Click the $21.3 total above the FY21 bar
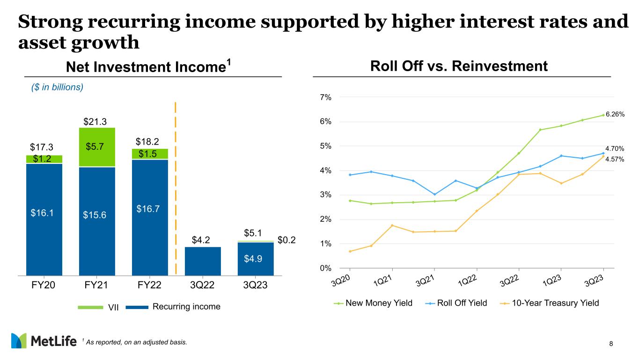click(95, 122)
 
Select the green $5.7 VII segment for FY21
click(97, 147)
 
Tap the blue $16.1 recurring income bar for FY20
click(44, 219)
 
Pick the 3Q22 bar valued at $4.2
click(203, 261)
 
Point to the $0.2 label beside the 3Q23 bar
click(287, 241)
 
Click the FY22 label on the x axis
click(150, 286)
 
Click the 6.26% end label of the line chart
click(615, 114)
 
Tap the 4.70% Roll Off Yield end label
click(615, 148)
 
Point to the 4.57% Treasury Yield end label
click(615, 159)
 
